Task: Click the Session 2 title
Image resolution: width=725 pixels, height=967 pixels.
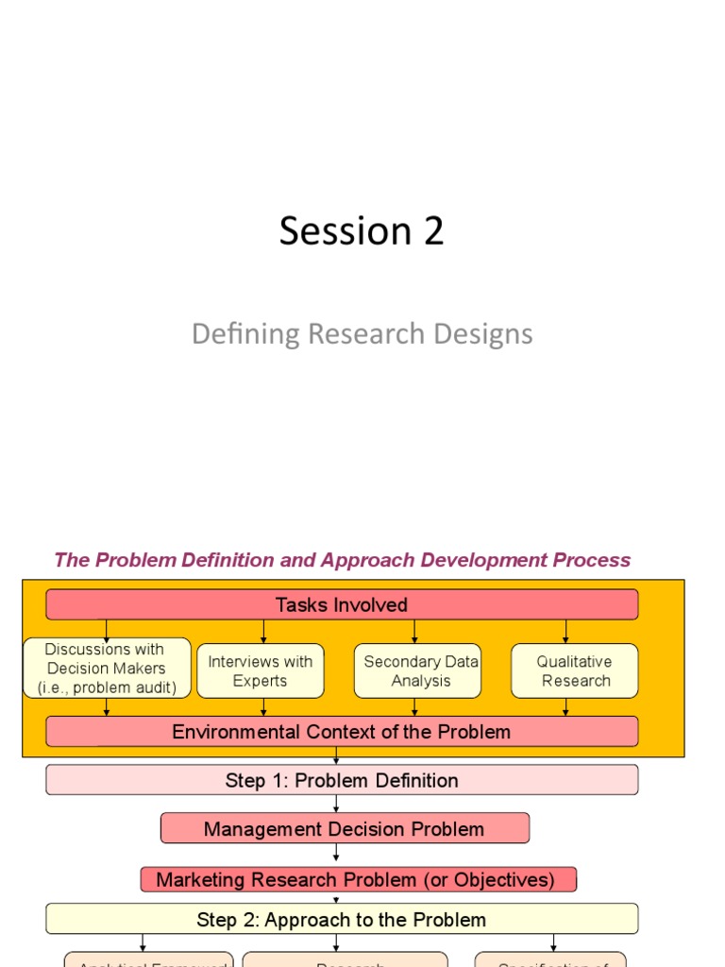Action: pyautogui.click(x=362, y=231)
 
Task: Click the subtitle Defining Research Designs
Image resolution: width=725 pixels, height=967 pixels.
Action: pyautogui.click(x=362, y=333)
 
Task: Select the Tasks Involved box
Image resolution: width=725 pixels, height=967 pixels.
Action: pyautogui.click(x=342, y=604)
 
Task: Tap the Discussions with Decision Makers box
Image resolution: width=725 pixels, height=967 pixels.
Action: pyautogui.click(x=107, y=669)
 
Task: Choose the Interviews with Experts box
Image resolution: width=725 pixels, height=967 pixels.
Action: pyautogui.click(x=260, y=671)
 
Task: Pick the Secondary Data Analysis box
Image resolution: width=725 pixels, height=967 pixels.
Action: pyautogui.click(x=420, y=671)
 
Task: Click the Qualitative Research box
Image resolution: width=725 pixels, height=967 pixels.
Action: pyautogui.click(x=575, y=671)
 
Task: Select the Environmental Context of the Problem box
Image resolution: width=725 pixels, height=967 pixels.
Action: pyautogui.click(x=342, y=732)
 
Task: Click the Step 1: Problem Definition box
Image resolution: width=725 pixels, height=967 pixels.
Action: pyautogui.click(x=342, y=780)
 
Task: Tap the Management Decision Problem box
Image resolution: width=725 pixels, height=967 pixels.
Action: pyautogui.click(x=345, y=829)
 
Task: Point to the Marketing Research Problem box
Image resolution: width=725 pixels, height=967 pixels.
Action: pyautogui.click(x=358, y=880)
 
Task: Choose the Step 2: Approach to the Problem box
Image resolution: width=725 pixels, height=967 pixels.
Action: pyautogui.click(x=342, y=919)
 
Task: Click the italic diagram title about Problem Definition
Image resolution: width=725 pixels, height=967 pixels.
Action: pyautogui.click(x=342, y=560)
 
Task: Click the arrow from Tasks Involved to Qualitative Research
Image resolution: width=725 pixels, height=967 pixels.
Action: pyautogui.click(x=565, y=632)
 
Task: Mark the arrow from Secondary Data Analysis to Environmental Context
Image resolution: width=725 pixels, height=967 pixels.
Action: pyautogui.click(x=414, y=707)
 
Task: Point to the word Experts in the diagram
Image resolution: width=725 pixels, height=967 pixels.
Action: pyautogui.click(x=260, y=681)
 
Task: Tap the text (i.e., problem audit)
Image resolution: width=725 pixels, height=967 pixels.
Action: pyautogui.click(x=107, y=687)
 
